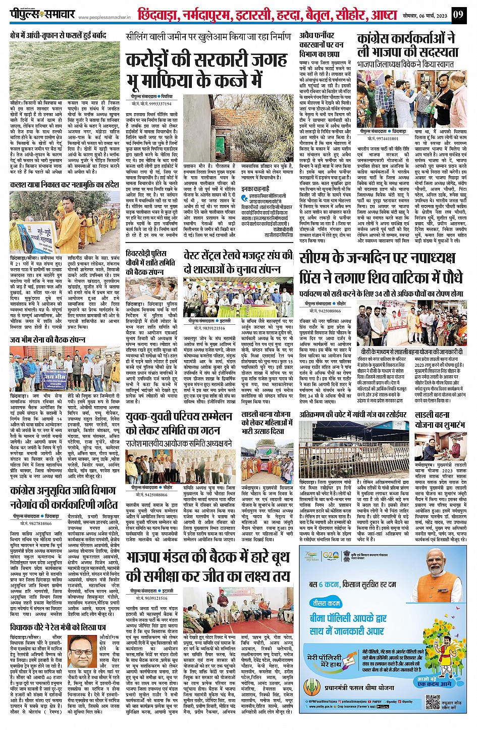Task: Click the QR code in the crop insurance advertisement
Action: (433, 702)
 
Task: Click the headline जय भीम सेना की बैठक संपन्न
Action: (48, 339)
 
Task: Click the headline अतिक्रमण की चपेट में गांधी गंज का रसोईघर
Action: (353, 414)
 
